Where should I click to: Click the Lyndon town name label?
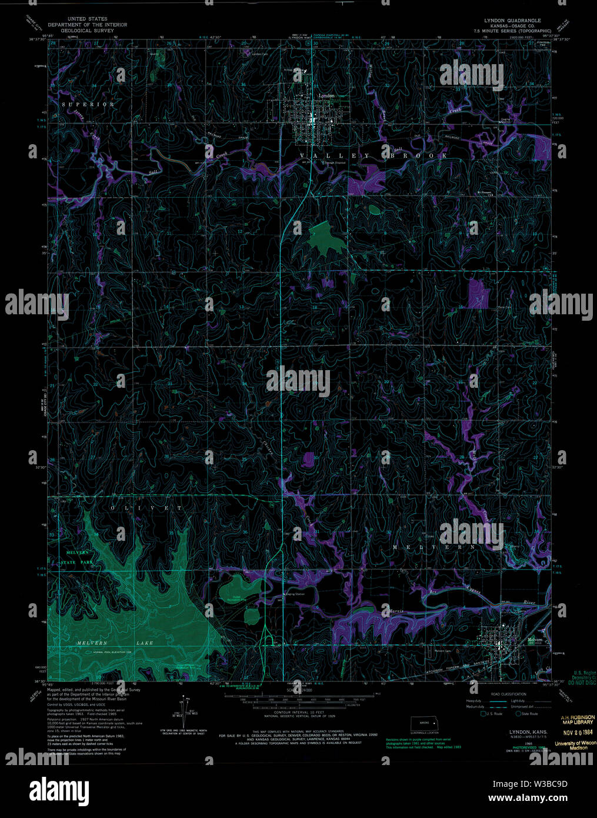325,95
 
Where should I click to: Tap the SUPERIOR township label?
89,104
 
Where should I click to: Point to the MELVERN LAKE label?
115,643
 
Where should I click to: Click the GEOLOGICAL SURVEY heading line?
87,31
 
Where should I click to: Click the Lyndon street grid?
310,121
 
